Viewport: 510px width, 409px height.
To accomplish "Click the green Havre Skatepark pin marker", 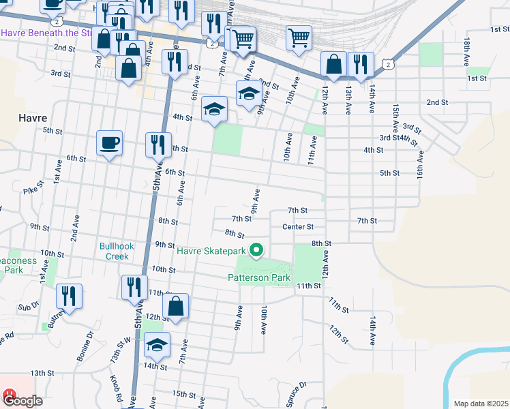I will click(x=256, y=252).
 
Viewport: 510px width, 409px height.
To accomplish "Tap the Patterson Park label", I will click(x=259, y=277).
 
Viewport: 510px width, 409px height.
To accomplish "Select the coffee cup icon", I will click(x=110, y=143).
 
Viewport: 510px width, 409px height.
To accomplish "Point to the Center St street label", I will click(x=297, y=226).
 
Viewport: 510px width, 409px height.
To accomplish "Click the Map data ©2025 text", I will click(x=481, y=404).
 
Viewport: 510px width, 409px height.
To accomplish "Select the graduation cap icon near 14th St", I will click(x=157, y=345).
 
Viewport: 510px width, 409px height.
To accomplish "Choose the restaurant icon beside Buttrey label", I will click(x=69, y=297).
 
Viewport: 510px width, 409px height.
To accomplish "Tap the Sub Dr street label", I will click(x=26, y=307).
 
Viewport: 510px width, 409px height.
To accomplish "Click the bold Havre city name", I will click(x=32, y=117).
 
